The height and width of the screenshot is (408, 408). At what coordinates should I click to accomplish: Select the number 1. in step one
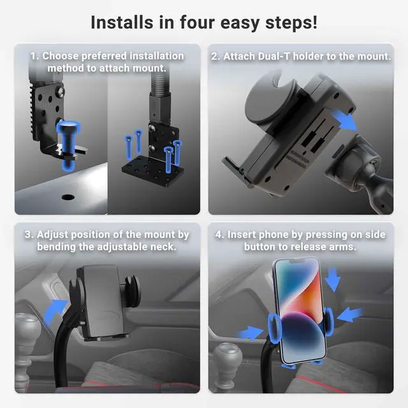coord(34,56)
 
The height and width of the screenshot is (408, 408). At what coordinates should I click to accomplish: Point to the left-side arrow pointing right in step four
coord(251,332)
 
